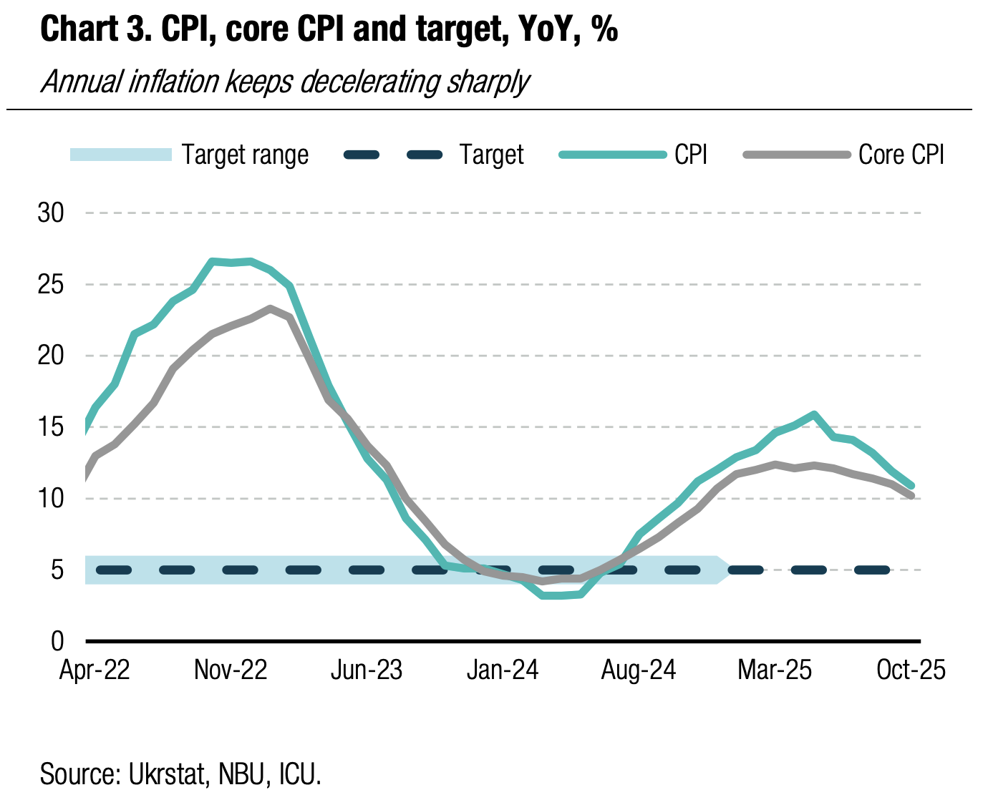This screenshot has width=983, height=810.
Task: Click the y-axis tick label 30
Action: [51, 213]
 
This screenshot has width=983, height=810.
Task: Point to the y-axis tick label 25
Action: [51, 285]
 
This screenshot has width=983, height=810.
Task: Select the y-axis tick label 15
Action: [51, 427]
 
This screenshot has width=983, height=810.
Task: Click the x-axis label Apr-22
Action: [95, 670]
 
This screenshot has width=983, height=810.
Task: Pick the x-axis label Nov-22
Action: [231, 670]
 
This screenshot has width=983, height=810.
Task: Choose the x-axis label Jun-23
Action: [367, 670]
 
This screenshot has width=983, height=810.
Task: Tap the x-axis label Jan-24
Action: [503, 670]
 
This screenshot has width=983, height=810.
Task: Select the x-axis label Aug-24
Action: [639, 670]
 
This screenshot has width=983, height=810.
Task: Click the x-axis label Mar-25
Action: [775, 670]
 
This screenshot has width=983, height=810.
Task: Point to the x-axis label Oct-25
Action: [911, 670]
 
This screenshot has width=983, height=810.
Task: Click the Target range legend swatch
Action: [120, 155]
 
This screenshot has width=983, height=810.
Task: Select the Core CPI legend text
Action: [901, 155]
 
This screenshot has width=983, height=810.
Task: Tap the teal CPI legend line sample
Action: [612, 155]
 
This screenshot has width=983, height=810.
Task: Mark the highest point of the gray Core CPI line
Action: [270, 308]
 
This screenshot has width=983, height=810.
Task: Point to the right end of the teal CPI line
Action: [911, 486]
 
